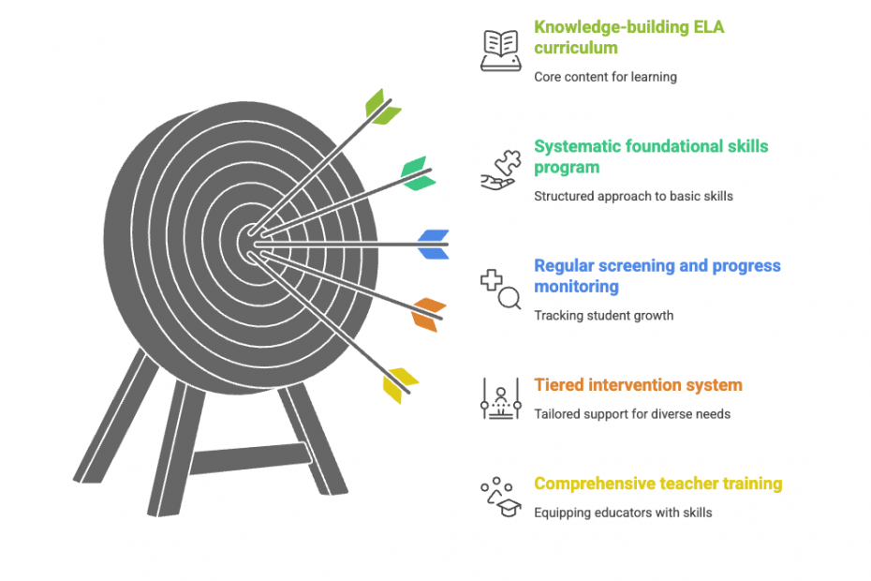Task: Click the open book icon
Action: click(500, 51)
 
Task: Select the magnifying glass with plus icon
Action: click(500, 289)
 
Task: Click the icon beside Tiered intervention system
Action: click(500, 398)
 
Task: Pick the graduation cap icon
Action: click(501, 498)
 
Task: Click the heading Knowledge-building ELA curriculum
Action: click(628, 37)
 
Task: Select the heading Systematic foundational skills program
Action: click(650, 156)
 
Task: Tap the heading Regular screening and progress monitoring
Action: click(657, 276)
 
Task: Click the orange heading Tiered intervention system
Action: click(638, 385)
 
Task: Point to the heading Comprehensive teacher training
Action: click(657, 484)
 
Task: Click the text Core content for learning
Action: click(605, 77)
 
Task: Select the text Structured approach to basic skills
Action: click(633, 196)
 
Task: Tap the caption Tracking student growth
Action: click(603, 315)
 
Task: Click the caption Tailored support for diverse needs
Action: click(632, 413)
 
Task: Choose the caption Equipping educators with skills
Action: click(623, 513)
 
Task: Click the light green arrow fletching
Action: click(382, 107)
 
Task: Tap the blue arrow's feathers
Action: click(433, 244)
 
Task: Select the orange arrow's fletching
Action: click(428, 314)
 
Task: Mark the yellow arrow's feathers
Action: click(399, 384)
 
